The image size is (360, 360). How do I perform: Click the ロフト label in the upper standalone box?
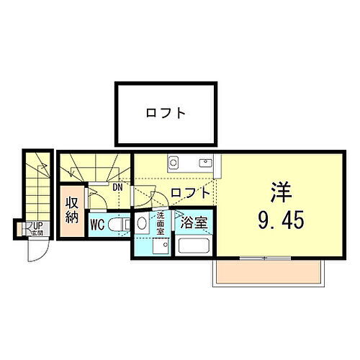pyautogui.click(x=166, y=113)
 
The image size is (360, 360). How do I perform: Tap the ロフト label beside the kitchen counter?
pyautogui.click(x=190, y=193)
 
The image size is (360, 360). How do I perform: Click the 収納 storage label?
pyautogui.click(x=72, y=208)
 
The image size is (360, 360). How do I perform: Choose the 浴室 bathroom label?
pyautogui.click(x=194, y=223)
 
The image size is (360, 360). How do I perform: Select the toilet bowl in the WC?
pyautogui.click(x=123, y=225)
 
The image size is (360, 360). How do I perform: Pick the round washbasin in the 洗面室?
pyautogui.click(x=142, y=222)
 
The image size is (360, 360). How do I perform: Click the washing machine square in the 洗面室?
pyautogui.click(x=160, y=247)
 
